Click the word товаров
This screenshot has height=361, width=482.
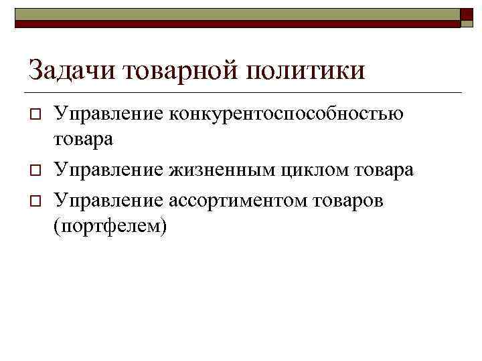pos(342,199)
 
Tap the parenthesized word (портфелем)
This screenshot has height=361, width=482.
pos(110,227)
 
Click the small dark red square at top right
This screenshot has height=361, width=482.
pos(467,17)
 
